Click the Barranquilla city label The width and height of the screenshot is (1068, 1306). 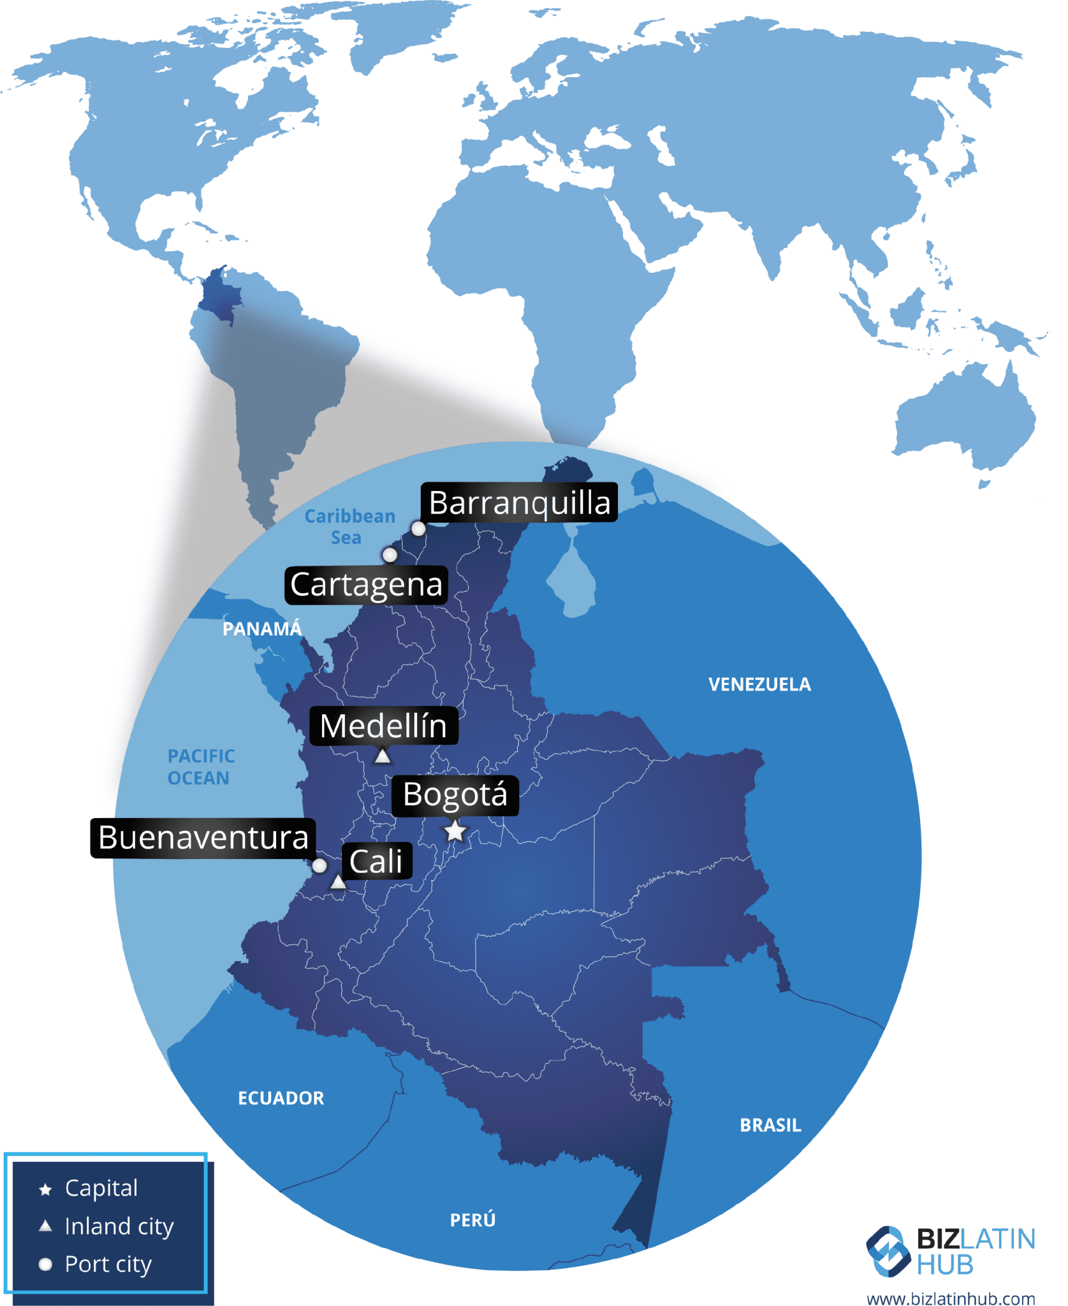click(519, 503)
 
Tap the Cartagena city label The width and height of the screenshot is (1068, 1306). click(366, 584)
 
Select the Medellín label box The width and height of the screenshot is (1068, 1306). click(383, 726)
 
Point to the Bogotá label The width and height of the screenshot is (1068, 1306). click(455, 795)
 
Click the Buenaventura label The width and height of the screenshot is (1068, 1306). click(203, 837)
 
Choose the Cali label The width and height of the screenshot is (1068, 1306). click(376, 862)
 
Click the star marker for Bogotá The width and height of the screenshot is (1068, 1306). click(455, 831)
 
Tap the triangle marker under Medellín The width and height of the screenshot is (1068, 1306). click(383, 756)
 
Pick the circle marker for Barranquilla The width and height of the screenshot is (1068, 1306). click(418, 529)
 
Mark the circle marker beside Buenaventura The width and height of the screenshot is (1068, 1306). click(319, 865)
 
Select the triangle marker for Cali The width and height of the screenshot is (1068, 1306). click(338, 883)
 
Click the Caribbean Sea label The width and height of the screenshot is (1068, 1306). click(349, 527)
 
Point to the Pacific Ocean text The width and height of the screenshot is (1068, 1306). click(201, 767)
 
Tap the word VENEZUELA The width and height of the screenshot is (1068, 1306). click(759, 684)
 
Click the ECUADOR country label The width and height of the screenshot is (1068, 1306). click(281, 1098)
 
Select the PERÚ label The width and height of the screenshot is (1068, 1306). click(472, 1220)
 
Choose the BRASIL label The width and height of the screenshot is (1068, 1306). click(770, 1126)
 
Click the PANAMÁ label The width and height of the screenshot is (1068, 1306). click(261, 629)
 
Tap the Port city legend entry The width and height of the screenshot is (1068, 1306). click(108, 1264)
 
